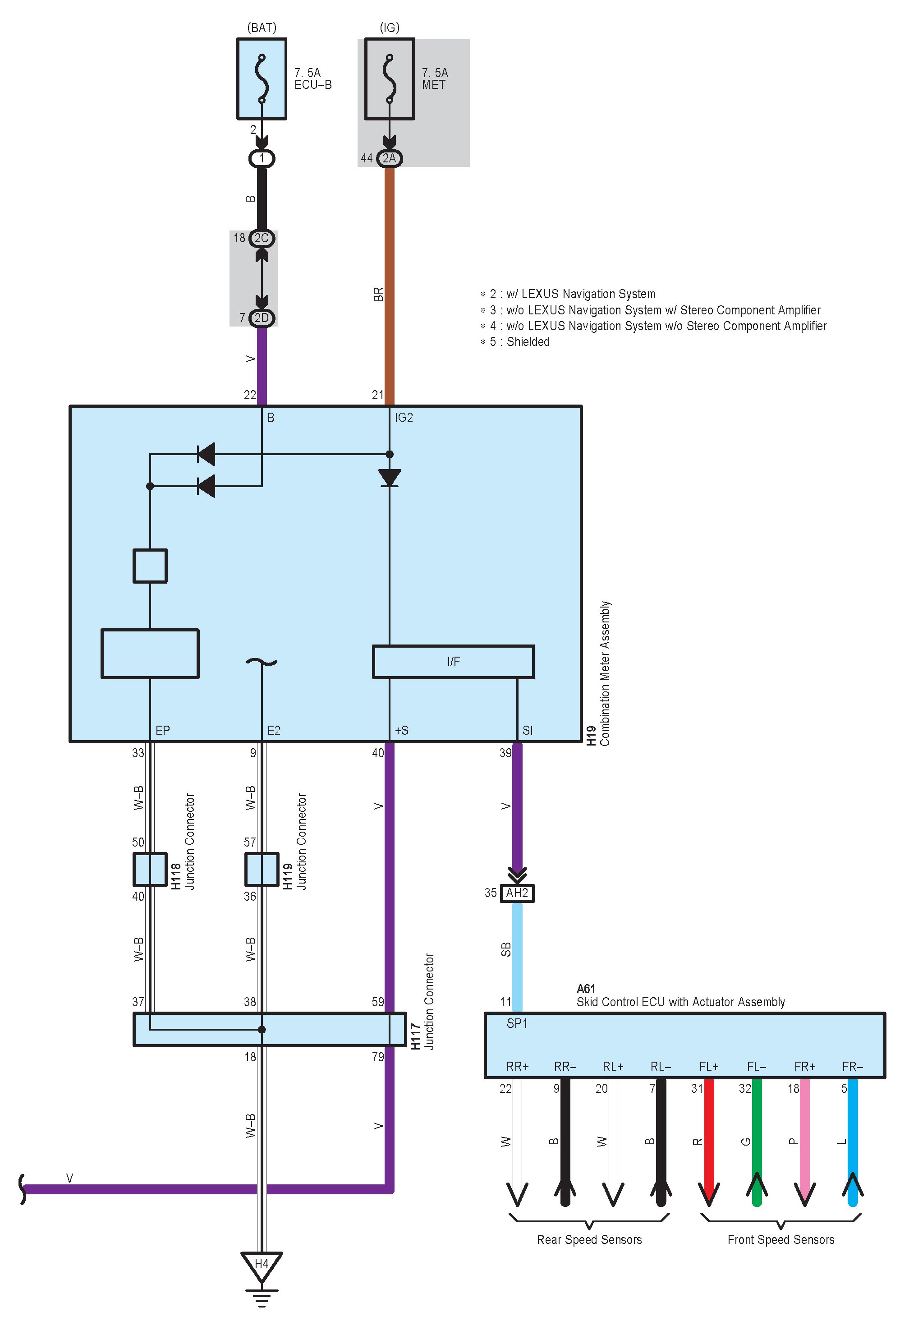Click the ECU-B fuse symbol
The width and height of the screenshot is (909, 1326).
click(262, 79)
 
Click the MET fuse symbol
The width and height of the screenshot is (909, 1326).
click(390, 79)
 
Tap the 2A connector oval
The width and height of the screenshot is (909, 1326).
click(390, 158)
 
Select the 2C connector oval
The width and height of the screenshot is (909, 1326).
click(262, 238)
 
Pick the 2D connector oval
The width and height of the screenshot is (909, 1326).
click(262, 318)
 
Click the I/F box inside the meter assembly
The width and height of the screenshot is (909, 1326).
click(453, 661)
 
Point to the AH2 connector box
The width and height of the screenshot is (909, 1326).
click(517, 893)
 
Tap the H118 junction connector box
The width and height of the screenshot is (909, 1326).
click(150, 870)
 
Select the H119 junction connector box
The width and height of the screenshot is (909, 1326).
click(262, 870)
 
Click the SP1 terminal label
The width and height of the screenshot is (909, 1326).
click(517, 1024)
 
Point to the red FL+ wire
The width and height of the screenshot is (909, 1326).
click(709, 1135)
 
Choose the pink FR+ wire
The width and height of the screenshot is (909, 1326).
click(805, 1135)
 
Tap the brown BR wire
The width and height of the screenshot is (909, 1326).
click(390, 285)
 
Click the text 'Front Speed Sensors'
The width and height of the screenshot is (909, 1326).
click(780, 1239)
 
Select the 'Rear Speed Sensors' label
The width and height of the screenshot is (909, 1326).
click(589, 1239)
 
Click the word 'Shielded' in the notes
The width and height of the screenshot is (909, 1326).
click(528, 342)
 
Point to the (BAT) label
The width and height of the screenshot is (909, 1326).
click(262, 28)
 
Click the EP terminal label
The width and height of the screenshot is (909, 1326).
click(162, 730)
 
